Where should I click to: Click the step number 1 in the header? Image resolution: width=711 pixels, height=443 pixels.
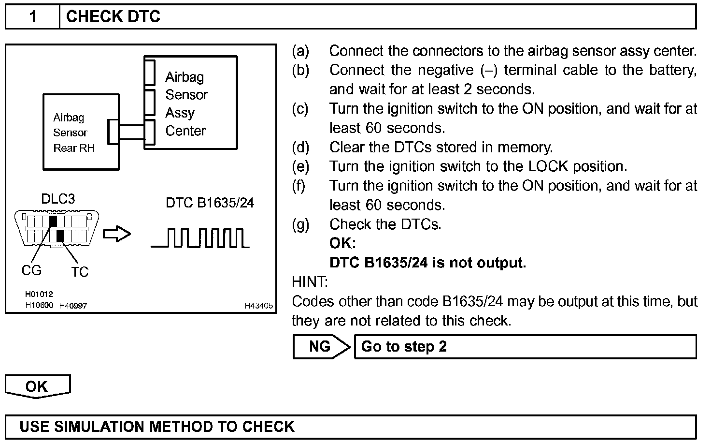point(32,17)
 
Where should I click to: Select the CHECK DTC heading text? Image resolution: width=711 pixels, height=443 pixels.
point(113,17)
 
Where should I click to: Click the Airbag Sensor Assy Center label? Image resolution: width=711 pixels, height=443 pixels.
point(186,103)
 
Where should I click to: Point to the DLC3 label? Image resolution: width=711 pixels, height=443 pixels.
point(58,199)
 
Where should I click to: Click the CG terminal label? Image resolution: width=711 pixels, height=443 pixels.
point(31,270)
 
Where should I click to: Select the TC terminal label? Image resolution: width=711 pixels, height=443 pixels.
point(80,272)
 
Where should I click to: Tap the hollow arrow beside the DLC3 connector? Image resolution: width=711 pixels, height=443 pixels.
point(117,235)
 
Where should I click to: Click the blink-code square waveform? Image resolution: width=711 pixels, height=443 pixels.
point(200,238)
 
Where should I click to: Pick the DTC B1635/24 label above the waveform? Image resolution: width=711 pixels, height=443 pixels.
point(210,203)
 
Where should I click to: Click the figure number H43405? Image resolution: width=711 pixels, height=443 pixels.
point(258,306)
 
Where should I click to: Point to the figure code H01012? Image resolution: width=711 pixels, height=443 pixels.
point(39,294)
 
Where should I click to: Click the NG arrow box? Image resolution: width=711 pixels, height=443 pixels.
point(321,346)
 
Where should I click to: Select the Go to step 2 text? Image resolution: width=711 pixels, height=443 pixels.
point(404,347)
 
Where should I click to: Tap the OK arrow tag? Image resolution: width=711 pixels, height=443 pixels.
point(38,386)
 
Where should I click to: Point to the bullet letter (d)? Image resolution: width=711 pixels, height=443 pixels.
point(300,147)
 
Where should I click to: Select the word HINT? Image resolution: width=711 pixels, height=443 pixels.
point(310,281)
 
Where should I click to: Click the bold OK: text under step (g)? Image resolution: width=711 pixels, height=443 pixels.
point(342,243)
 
